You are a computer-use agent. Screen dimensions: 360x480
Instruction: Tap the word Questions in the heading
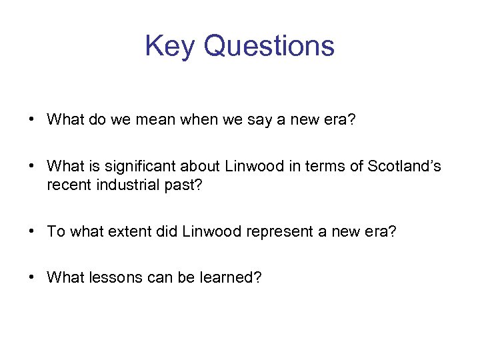point(269,47)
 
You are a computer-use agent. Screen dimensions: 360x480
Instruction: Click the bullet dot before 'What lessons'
point(32,277)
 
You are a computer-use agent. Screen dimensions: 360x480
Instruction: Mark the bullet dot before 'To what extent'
point(32,231)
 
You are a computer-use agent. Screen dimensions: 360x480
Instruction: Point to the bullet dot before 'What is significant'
point(32,166)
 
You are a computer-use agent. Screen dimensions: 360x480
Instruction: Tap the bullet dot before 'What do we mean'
point(32,120)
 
